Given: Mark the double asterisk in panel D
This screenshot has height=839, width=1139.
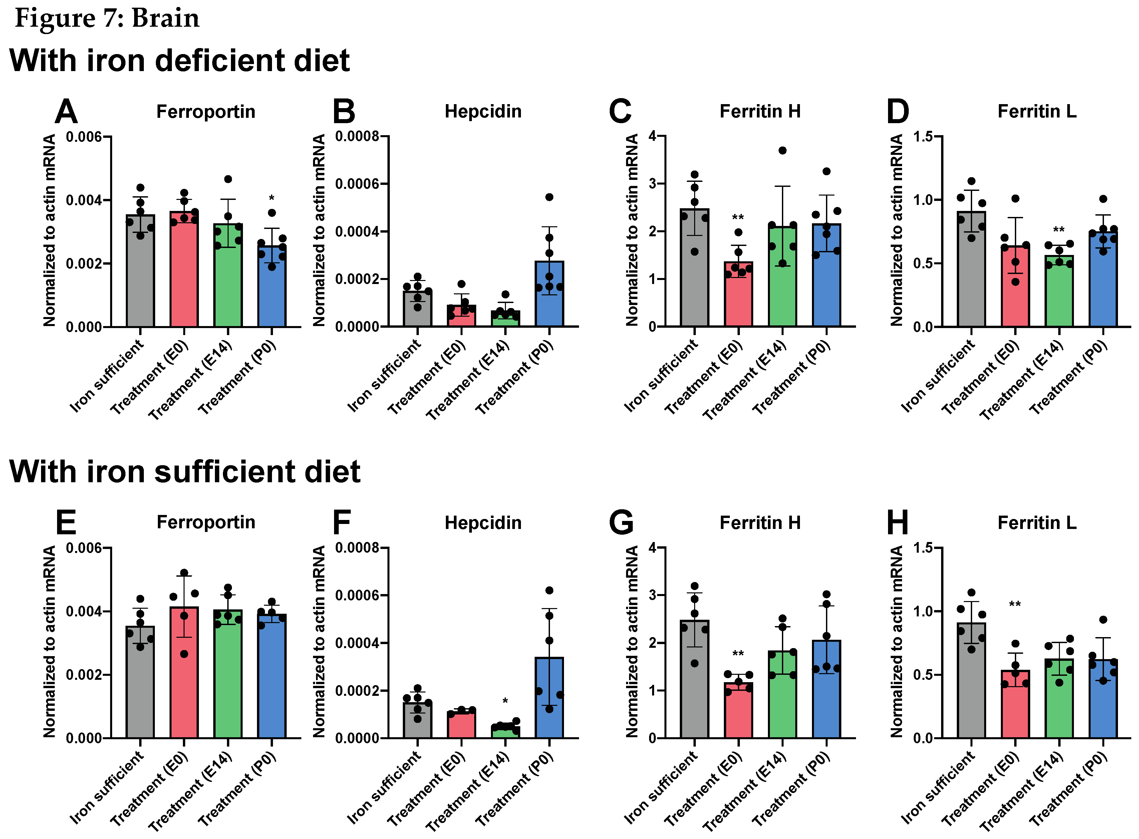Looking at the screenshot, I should [1059, 230].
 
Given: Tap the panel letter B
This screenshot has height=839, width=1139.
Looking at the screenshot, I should [344, 112].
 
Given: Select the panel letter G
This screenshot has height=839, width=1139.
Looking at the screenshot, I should [620, 523].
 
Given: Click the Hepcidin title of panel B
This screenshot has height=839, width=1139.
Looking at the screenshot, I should [483, 111].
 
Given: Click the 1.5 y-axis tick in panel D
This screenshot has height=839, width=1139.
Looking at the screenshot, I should [923, 136].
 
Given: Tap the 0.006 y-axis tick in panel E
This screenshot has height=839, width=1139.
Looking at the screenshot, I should [84, 548].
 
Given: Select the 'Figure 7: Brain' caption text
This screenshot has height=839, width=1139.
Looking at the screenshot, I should [107, 18].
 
